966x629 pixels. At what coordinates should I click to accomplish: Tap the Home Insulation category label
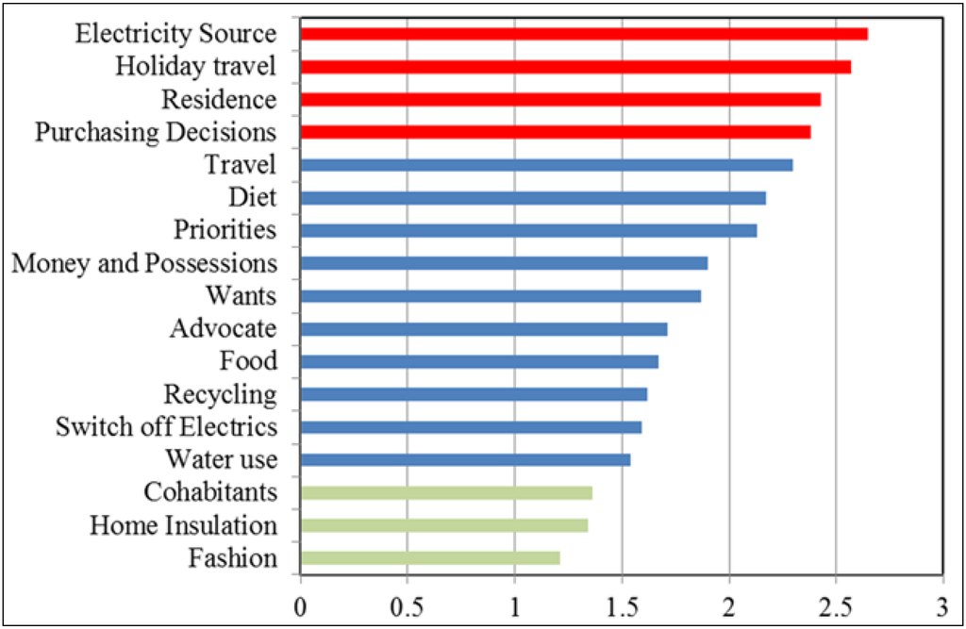click(183, 525)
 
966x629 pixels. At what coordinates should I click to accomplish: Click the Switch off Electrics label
click(166, 427)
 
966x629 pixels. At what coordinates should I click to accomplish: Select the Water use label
click(221, 459)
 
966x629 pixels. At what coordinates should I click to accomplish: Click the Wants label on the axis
click(241, 296)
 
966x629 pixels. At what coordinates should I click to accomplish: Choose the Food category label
click(248, 361)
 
